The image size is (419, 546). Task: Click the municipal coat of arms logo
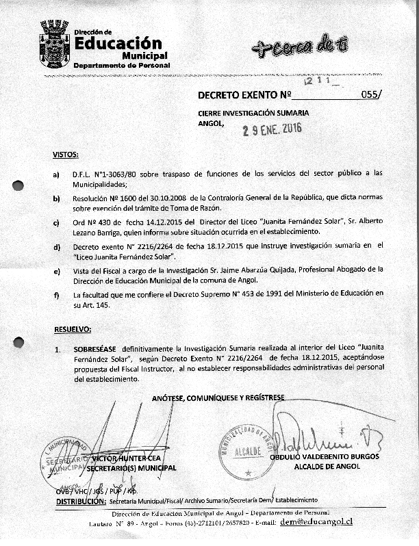53,42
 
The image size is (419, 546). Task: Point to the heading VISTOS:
66,155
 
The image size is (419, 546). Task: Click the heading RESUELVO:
73,330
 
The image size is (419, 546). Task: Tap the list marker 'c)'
56,222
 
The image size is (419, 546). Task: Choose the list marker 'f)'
56,295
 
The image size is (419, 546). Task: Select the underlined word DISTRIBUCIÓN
78,501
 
